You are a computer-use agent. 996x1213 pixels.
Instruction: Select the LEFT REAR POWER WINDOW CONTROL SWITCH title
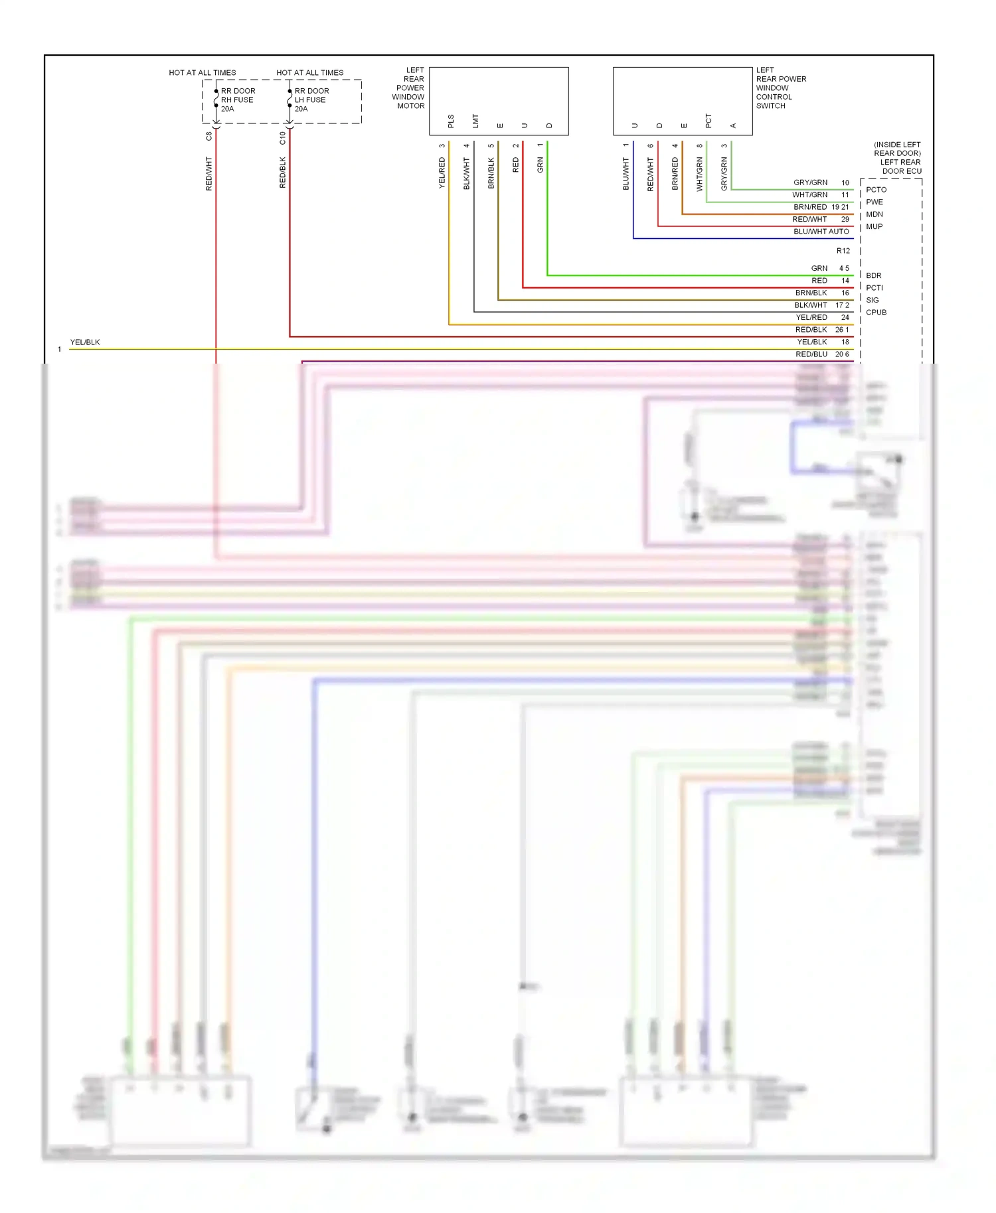pyautogui.click(x=780, y=88)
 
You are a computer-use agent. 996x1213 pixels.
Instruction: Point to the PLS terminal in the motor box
pyautogui.click(x=451, y=121)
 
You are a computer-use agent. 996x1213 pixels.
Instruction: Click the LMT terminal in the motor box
pyautogui.click(x=475, y=121)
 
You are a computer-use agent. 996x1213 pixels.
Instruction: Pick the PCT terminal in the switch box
pyautogui.click(x=708, y=121)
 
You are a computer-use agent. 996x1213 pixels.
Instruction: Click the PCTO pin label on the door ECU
pyautogui.click(x=876, y=190)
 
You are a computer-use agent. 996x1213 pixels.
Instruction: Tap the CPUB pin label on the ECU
pyautogui.click(x=876, y=313)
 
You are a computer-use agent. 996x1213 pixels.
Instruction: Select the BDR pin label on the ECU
pyautogui.click(x=873, y=275)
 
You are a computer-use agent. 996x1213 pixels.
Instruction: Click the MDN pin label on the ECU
pyautogui.click(x=874, y=214)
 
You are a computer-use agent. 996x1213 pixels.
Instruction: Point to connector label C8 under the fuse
pyautogui.click(x=208, y=136)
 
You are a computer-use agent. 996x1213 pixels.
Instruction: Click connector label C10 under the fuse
pyautogui.click(x=282, y=137)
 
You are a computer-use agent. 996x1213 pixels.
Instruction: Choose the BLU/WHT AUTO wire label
pyautogui.click(x=821, y=232)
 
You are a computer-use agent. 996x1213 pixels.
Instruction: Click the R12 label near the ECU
pyautogui.click(x=843, y=251)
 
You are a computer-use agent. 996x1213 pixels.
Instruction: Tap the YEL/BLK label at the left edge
pyautogui.click(x=85, y=342)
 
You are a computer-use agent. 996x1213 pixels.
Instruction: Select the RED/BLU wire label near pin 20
pyautogui.click(x=811, y=354)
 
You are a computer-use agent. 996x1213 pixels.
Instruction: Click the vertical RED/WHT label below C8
pyautogui.click(x=208, y=174)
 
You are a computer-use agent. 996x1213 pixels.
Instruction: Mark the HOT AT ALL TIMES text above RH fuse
pyautogui.click(x=202, y=73)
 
